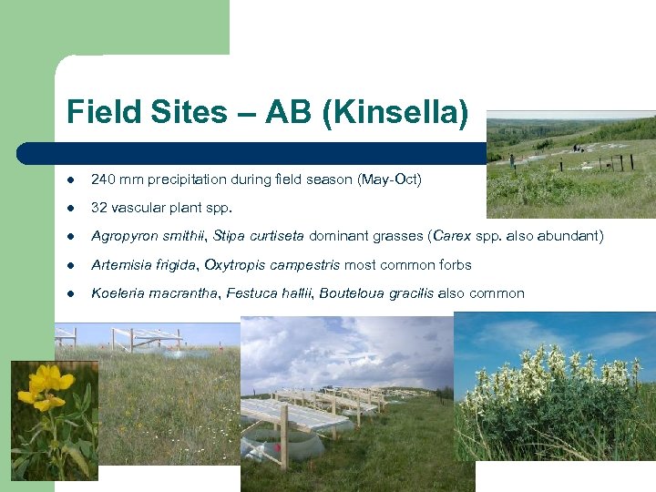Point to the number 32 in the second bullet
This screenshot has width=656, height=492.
pos(98,208)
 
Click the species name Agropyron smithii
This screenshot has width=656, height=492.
pos(149,236)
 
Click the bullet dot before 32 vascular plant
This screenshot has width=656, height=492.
pos(71,208)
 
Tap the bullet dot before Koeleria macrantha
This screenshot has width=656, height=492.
pos(71,293)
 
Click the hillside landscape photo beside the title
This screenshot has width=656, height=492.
pos(570,164)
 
